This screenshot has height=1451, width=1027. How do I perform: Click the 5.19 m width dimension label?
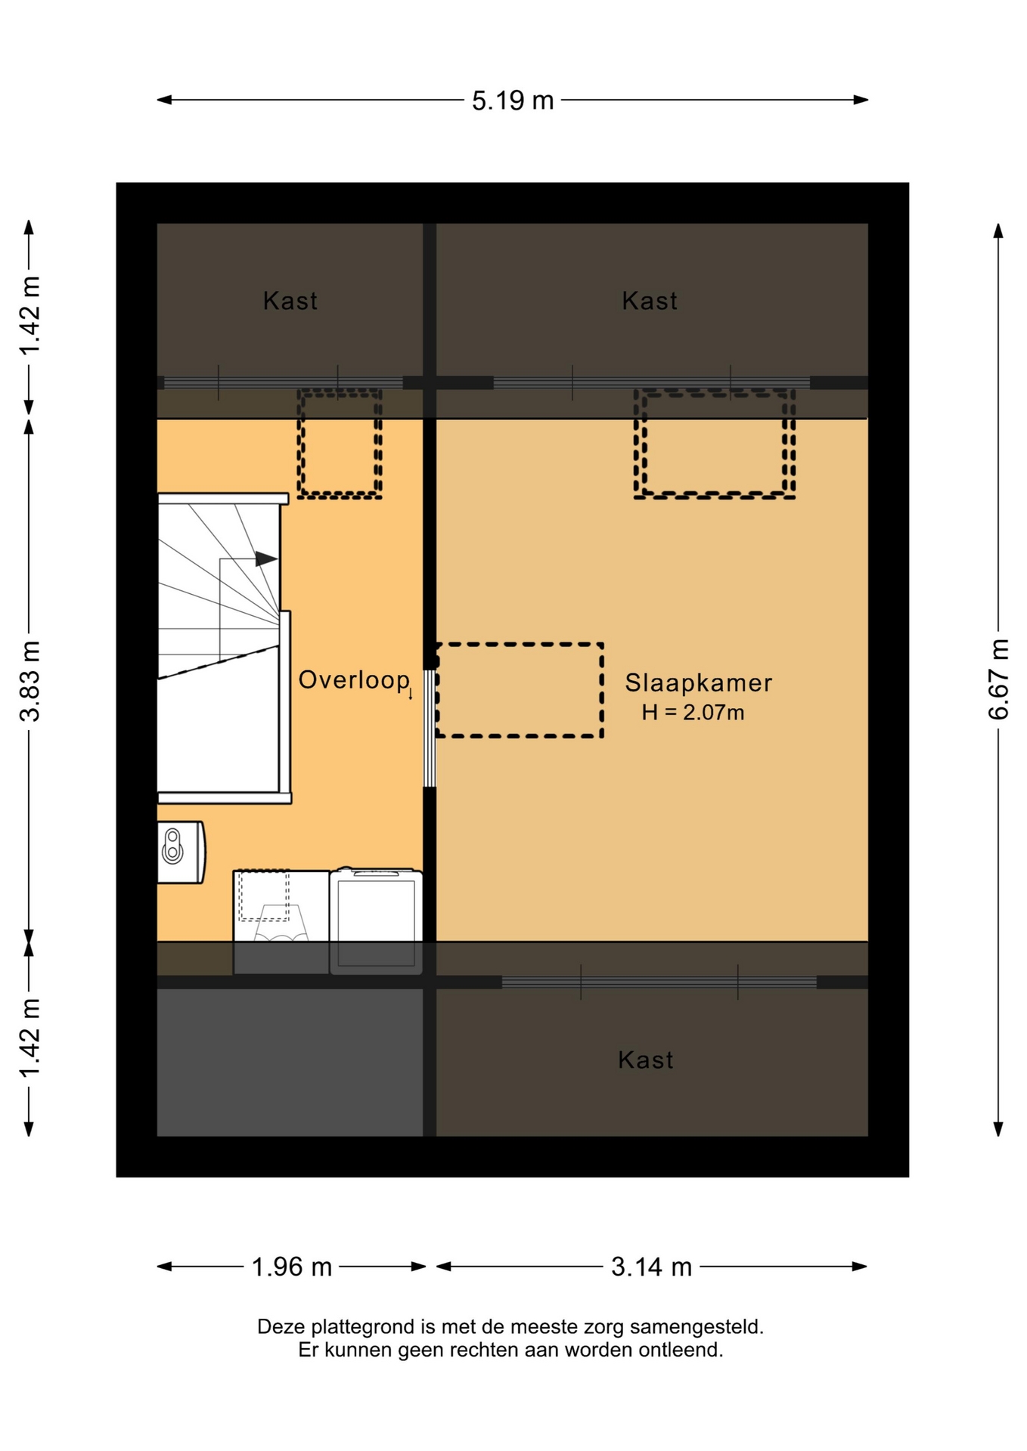pyautogui.click(x=513, y=101)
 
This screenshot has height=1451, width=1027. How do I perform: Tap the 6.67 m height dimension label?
pyautogui.click(x=998, y=679)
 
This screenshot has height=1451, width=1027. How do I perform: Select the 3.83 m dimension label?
pyautogui.click(x=29, y=681)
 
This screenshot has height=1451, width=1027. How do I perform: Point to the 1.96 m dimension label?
pyautogui.click(x=291, y=1267)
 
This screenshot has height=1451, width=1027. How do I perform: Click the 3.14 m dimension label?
pyautogui.click(x=651, y=1267)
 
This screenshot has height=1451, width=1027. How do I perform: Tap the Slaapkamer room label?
pyautogui.click(x=698, y=683)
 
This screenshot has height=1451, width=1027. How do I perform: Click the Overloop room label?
pyautogui.click(x=354, y=680)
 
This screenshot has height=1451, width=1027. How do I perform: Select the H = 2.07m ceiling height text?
pyautogui.click(x=693, y=713)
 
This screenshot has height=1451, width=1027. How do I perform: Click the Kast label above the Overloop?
pyautogui.click(x=290, y=301)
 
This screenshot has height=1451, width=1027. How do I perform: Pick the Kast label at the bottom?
pyautogui.click(x=645, y=1060)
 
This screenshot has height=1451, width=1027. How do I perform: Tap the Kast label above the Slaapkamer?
pyautogui.click(x=649, y=301)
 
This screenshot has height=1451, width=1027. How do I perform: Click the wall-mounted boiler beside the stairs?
pyautogui.click(x=181, y=852)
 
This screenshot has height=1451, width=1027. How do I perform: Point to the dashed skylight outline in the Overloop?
pyautogui.click(x=340, y=444)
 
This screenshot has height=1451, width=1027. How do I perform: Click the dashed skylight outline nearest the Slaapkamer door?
pyautogui.click(x=520, y=690)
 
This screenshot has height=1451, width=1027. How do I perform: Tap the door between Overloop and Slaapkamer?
pyautogui.click(x=429, y=729)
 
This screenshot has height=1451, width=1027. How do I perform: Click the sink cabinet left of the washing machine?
pyautogui.click(x=281, y=921)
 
